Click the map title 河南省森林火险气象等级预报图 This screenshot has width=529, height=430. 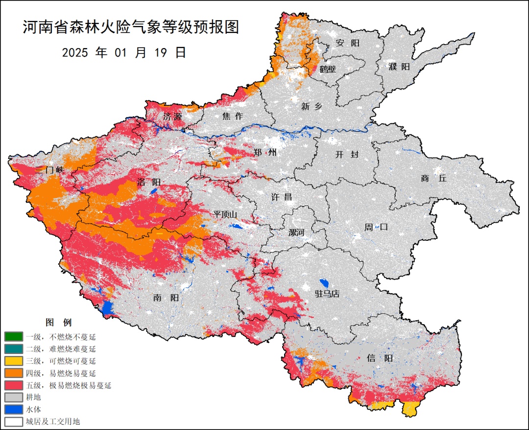click(x=131, y=27)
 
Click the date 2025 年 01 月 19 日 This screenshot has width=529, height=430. click(x=124, y=52)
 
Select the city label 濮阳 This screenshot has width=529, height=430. click(x=399, y=66)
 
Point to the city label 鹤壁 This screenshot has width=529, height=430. click(x=328, y=69)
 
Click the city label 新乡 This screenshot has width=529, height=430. click(x=312, y=106)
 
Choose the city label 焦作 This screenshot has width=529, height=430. click(x=233, y=116)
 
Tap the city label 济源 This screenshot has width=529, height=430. click(x=172, y=117)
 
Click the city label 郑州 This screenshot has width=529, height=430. click(x=265, y=152)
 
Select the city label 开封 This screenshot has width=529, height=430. click(x=347, y=154)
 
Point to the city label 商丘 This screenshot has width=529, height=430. click(x=433, y=178)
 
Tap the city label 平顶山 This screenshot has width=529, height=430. click(x=225, y=214)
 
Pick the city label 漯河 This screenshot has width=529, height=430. click(x=296, y=232)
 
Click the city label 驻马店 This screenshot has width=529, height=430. click(x=327, y=294)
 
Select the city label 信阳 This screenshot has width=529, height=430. click(x=380, y=358)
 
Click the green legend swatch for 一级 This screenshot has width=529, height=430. click(x=13, y=337)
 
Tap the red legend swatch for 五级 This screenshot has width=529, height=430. click(x=13, y=385)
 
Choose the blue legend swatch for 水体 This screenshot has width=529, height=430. click(x=13, y=409)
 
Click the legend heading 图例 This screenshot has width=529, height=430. click(x=58, y=323)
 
